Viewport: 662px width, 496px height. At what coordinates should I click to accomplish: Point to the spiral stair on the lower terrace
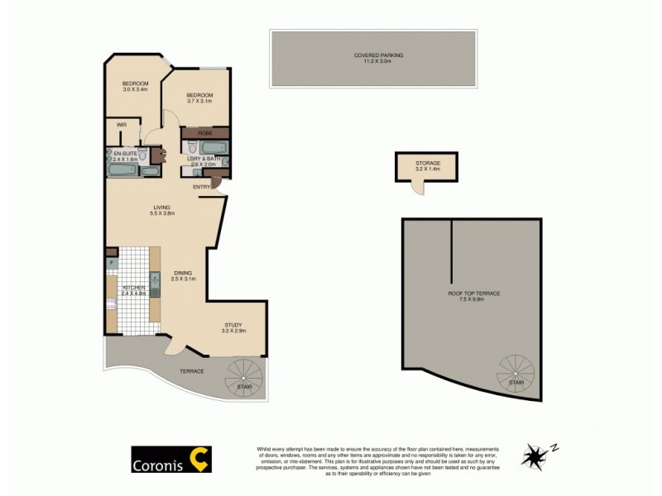coord(245,377)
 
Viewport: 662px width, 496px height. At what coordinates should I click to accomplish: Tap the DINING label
coord(184,274)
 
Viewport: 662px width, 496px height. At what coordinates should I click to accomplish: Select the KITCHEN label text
coord(133,287)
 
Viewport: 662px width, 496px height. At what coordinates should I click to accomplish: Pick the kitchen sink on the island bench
coord(154,279)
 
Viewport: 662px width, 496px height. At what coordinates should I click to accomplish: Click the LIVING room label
coord(161,207)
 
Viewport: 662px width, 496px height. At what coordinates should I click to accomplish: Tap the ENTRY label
coord(202,187)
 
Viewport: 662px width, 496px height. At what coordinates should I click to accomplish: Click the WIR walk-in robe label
coord(121,126)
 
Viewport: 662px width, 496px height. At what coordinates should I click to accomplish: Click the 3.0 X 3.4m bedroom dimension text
coord(135,89)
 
